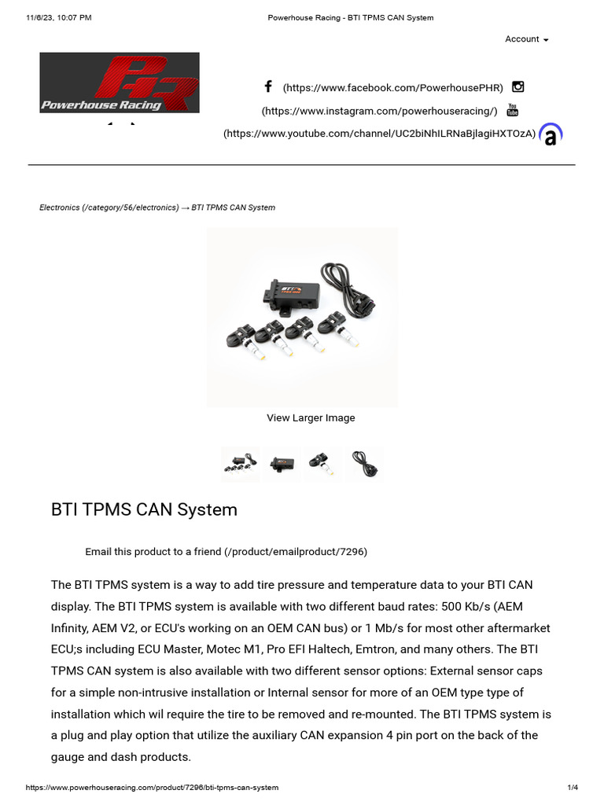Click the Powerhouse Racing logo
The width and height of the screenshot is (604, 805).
pos(120,83)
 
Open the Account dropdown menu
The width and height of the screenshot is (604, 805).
pos(526,39)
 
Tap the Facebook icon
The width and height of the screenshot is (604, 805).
pos(268,86)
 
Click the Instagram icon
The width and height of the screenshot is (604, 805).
pos(517,86)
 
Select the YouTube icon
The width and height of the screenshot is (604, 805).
pos(512,110)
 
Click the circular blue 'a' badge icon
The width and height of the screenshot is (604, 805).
pos(551,135)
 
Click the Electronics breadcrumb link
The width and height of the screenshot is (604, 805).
pos(109,208)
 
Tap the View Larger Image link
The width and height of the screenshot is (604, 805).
pos(311,417)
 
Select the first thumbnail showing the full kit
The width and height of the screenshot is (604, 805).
pos(240,463)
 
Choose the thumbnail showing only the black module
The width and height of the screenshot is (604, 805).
pos(282,463)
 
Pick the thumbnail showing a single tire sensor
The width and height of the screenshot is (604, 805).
pos(322,463)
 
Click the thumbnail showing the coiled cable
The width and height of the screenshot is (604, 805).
pos(364,463)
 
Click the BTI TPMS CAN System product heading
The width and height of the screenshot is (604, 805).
pos(144,509)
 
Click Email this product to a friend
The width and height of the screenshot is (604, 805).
pos(226,551)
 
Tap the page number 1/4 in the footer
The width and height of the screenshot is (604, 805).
pos(573,787)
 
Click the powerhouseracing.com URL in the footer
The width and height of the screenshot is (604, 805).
pos(152,787)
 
